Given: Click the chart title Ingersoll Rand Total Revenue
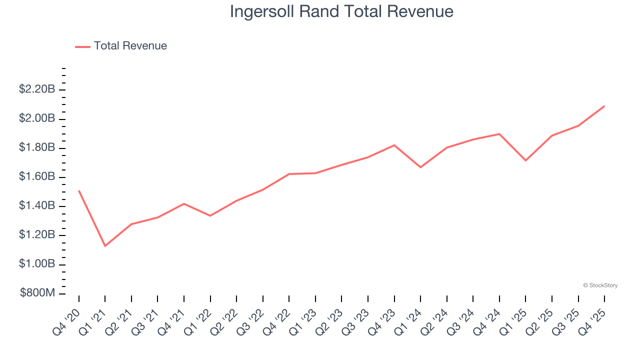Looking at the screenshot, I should [341, 11].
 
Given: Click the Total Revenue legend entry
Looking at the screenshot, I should [130, 46].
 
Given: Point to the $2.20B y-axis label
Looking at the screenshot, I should [37, 89].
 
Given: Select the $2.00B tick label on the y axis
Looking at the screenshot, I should [37, 118].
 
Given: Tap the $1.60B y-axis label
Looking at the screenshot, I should [37, 176].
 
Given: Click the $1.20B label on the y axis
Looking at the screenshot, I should [37, 234].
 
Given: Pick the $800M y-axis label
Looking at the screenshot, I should [37, 293].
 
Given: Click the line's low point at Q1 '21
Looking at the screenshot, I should [105, 246].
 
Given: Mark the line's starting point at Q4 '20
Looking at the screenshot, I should [79, 190].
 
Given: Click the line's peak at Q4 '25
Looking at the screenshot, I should [604, 106].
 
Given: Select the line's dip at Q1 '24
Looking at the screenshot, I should [420, 167].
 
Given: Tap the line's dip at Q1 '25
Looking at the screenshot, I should [525, 160].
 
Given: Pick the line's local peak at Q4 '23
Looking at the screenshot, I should [394, 145].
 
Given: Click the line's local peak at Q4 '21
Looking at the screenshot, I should [184, 203].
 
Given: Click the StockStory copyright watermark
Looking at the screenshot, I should [600, 285].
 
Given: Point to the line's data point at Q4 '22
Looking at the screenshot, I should [289, 174].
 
